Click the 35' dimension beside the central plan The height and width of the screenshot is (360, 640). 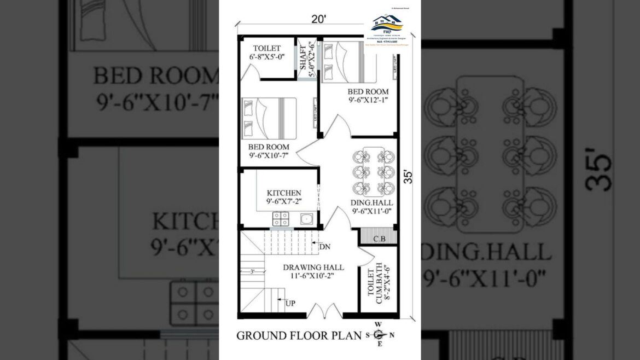pos(408,176)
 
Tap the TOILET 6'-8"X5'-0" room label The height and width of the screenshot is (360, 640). pos(266,53)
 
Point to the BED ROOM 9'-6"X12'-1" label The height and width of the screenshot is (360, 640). pos(368,95)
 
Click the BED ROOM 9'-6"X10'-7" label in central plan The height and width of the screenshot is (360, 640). pos(268,151)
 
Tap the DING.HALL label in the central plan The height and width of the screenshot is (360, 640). pos(371,206)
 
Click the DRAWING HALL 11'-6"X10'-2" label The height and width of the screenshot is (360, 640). pos(313,271)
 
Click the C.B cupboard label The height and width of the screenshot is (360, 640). pos(378,239)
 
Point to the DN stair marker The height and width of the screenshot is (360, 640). pos(324,247)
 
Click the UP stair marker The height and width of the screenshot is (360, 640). pos(289,302)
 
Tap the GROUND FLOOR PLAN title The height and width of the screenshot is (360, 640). pos(299,335)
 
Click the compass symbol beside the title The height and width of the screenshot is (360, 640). pos(379,335)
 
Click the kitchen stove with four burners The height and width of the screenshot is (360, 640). pos(281,219)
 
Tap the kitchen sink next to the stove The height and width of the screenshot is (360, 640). pos(306,219)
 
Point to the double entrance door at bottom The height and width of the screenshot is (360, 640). pos(325,311)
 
